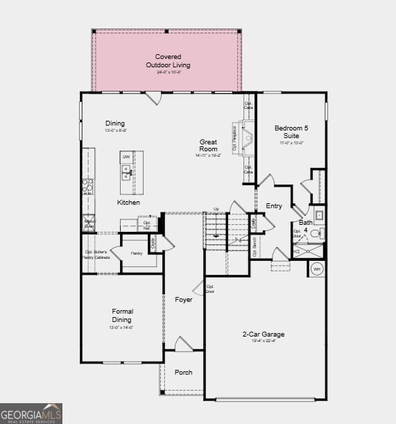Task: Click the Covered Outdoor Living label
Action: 168,61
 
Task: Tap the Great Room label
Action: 208,146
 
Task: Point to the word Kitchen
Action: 128,203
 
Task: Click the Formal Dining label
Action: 122,316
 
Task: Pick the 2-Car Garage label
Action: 263,334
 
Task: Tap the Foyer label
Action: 184,300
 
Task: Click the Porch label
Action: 184,373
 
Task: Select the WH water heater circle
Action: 317,269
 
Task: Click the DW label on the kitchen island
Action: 126,157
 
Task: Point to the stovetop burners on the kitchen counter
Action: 88,185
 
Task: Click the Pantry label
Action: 136,253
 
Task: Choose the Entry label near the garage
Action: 274,206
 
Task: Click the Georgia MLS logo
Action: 31,413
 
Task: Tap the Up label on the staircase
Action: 216,209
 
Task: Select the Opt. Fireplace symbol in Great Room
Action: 238,137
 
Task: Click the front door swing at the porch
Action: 183,344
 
